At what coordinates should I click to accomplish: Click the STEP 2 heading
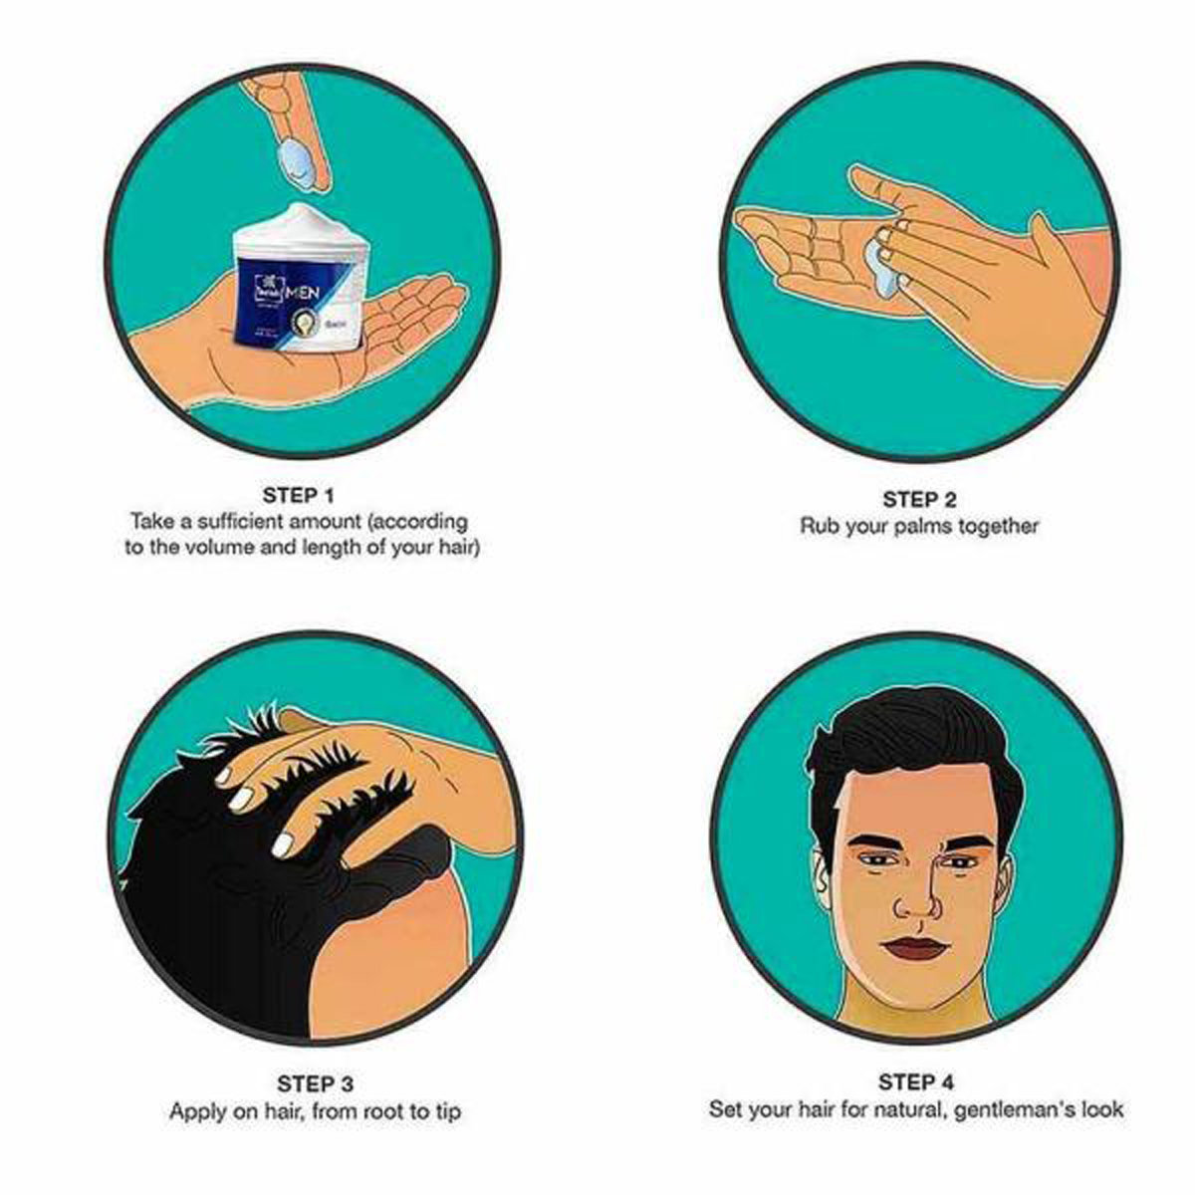[918, 500]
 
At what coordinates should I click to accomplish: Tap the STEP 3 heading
[315, 1083]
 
